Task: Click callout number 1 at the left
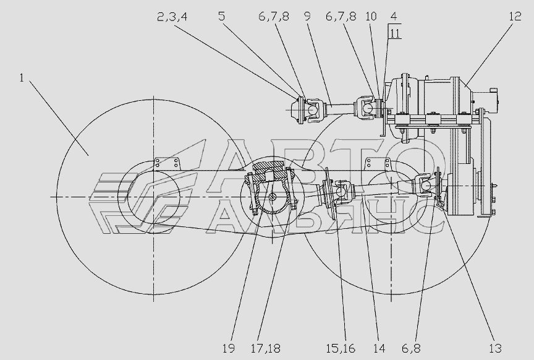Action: point(22,78)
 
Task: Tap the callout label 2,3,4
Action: point(172,17)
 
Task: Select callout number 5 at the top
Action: point(222,16)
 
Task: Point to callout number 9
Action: point(307,16)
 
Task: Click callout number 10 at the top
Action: point(371,16)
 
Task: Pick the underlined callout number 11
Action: point(395,34)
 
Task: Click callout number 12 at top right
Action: point(515,16)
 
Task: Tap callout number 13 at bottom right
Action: point(496,348)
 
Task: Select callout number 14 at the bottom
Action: point(379,348)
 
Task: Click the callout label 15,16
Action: point(340,348)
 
